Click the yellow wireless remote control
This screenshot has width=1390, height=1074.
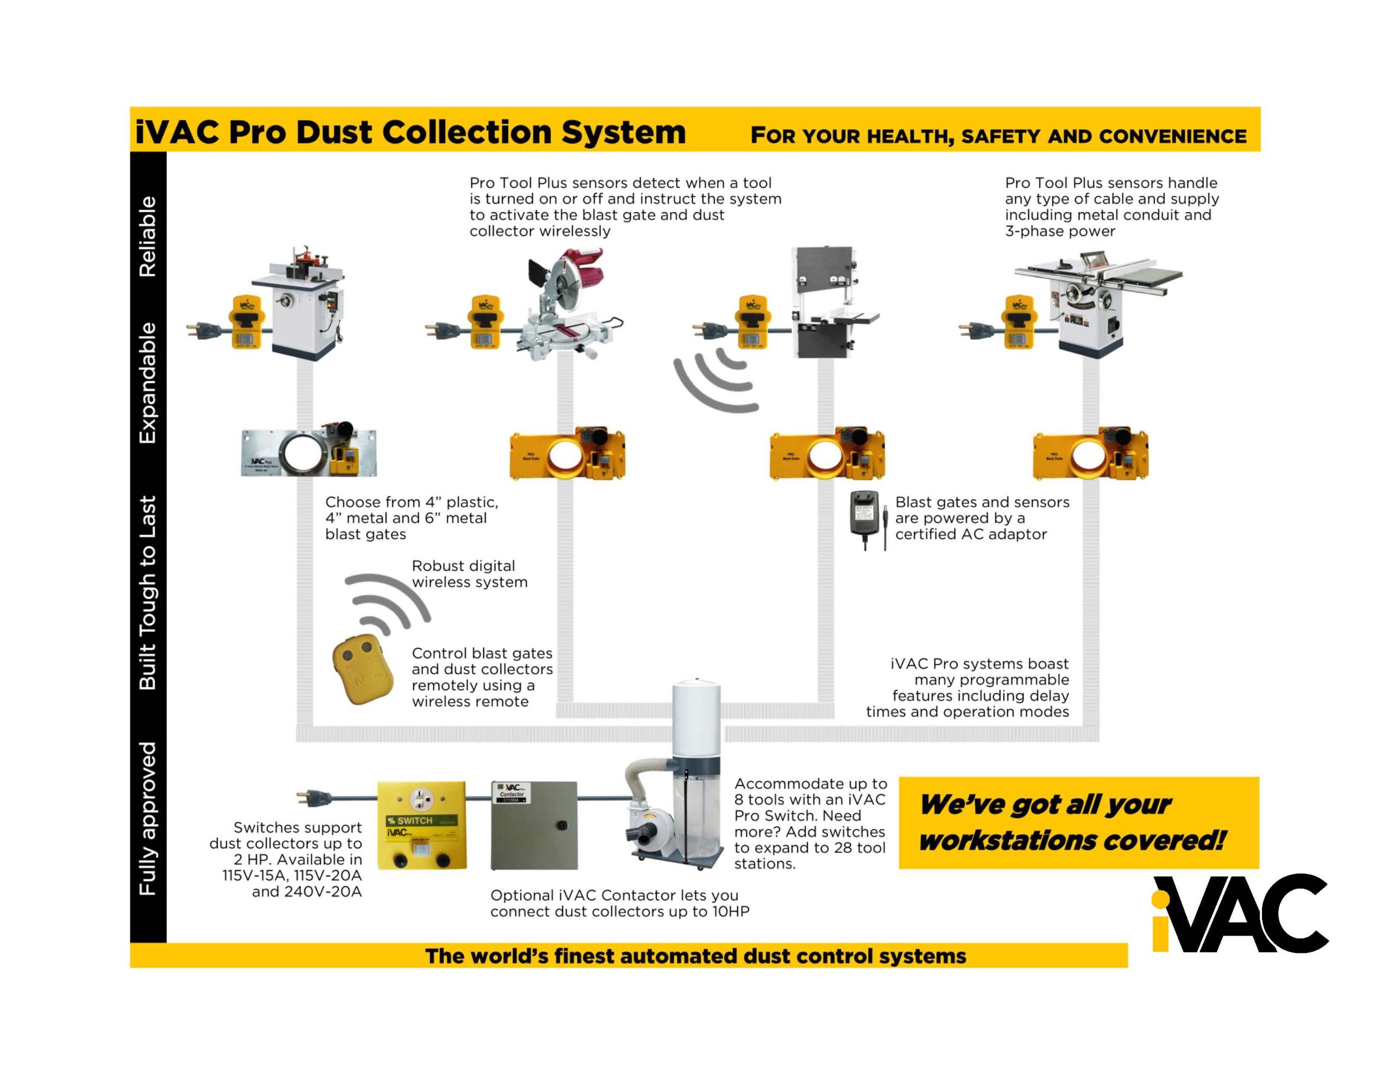pos(359,671)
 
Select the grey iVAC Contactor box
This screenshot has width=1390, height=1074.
pos(534,825)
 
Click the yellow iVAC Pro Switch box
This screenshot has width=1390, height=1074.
pos(422,825)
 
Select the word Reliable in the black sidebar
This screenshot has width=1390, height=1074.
pos(148,236)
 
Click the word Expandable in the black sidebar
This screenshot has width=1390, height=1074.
pos(148,383)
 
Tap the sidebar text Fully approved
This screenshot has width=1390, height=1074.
pos(148,818)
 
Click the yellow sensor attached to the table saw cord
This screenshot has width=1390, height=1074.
pos(1018,322)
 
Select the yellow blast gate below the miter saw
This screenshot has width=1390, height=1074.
pos(567,454)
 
